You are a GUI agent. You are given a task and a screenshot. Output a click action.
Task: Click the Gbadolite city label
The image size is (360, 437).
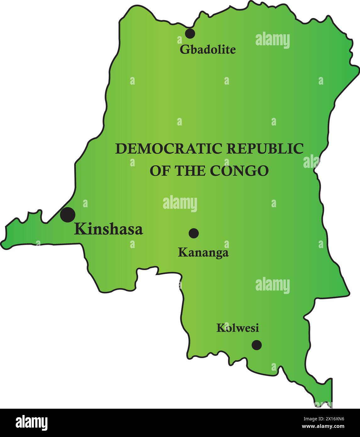[x=207, y=50]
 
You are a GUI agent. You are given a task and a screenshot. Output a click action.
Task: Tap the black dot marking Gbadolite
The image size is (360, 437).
[x=190, y=33]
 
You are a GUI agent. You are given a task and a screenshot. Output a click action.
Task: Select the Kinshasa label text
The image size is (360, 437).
[x=108, y=229]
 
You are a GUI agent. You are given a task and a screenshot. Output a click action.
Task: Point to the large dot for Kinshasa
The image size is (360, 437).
[x=68, y=215]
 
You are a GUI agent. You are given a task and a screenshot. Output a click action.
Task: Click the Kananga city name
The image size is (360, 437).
[x=203, y=252]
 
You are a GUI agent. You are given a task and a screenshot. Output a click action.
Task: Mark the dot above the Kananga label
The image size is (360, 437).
[x=194, y=233]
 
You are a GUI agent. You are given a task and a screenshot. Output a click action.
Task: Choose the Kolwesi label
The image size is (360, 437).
[x=237, y=328]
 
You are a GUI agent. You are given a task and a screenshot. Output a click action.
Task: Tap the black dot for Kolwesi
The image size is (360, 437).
[x=257, y=345]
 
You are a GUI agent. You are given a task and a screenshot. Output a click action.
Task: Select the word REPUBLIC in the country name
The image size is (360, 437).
[x=265, y=149]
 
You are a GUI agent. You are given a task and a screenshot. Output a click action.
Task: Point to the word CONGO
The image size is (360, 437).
[x=239, y=171]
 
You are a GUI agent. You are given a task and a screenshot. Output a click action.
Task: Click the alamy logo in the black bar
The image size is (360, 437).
[x=32, y=423]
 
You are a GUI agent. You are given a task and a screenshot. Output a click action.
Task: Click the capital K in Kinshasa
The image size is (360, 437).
[x=79, y=229]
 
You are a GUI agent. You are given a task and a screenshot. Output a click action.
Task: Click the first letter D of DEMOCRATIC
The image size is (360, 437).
[x=120, y=149]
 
